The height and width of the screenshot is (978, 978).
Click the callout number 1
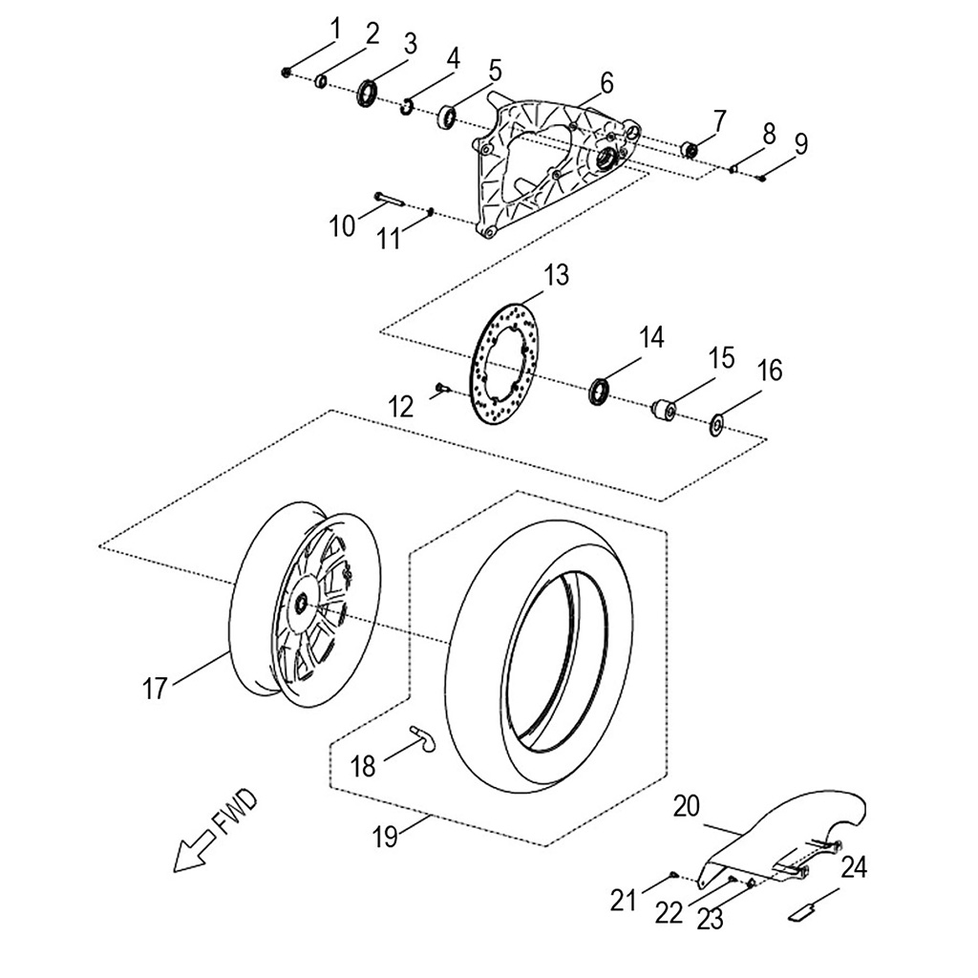(335, 29)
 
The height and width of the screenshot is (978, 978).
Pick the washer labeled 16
(716, 421)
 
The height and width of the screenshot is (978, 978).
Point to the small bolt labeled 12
(442, 387)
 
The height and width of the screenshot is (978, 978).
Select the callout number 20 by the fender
(686, 807)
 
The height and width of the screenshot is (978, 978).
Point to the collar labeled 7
(689, 149)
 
